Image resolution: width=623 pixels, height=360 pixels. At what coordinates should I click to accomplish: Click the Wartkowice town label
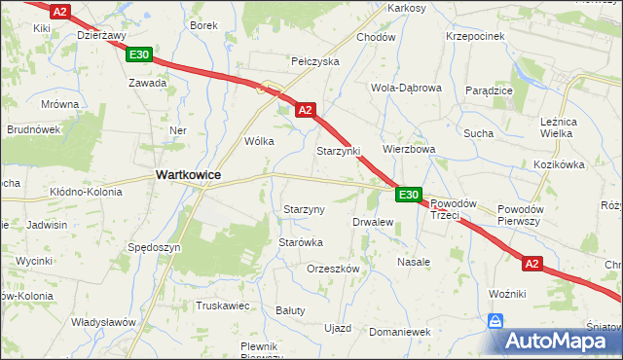click(188, 174)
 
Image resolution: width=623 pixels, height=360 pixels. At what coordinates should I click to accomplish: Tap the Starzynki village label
click(338, 152)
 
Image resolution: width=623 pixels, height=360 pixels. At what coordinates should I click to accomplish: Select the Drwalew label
click(373, 222)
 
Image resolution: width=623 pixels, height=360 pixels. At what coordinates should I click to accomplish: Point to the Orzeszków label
click(334, 269)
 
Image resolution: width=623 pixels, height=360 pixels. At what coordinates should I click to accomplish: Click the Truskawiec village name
click(223, 306)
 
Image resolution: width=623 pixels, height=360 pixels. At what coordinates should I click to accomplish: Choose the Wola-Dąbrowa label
click(406, 87)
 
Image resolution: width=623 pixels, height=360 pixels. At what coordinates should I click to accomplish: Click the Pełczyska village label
click(314, 60)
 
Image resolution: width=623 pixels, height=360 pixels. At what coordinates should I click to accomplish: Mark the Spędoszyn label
click(155, 247)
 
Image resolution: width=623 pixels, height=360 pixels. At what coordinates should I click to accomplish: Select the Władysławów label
click(102, 321)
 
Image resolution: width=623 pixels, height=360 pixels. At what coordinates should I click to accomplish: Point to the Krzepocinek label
click(474, 35)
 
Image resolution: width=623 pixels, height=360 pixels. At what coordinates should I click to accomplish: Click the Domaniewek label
click(400, 332)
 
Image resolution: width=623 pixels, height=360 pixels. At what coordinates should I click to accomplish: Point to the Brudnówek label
click(34, 128)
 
